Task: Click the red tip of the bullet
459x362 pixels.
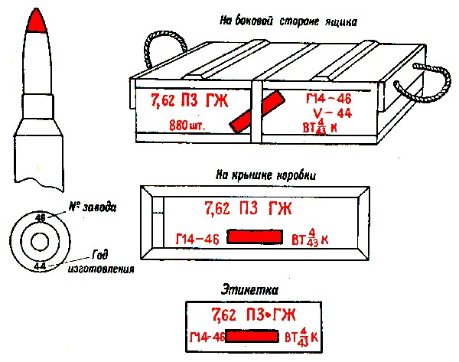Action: click(36, 23)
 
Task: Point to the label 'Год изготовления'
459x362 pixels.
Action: click(110, 262)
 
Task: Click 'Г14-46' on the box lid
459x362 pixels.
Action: click(197, 240)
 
